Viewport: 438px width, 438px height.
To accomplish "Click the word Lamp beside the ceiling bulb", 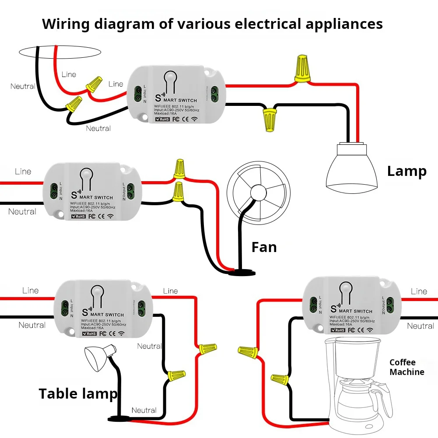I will tap(406, 171).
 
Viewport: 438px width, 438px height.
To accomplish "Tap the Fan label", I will tap(264, 247).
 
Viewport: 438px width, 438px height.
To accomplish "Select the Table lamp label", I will tap(78, 393).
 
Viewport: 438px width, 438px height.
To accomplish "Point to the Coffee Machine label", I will tap(406, 367).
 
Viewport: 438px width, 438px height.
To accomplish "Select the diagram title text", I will tap(212, 24).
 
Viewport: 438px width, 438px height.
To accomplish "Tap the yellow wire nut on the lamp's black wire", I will tap(268, 119).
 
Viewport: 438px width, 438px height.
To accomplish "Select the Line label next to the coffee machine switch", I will tap(419, 291).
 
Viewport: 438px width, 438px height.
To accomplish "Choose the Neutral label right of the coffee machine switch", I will tap(420, 326).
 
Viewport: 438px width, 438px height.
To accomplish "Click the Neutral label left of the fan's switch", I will tap(22, 212).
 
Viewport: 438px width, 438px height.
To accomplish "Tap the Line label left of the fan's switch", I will tap(23, 172).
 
